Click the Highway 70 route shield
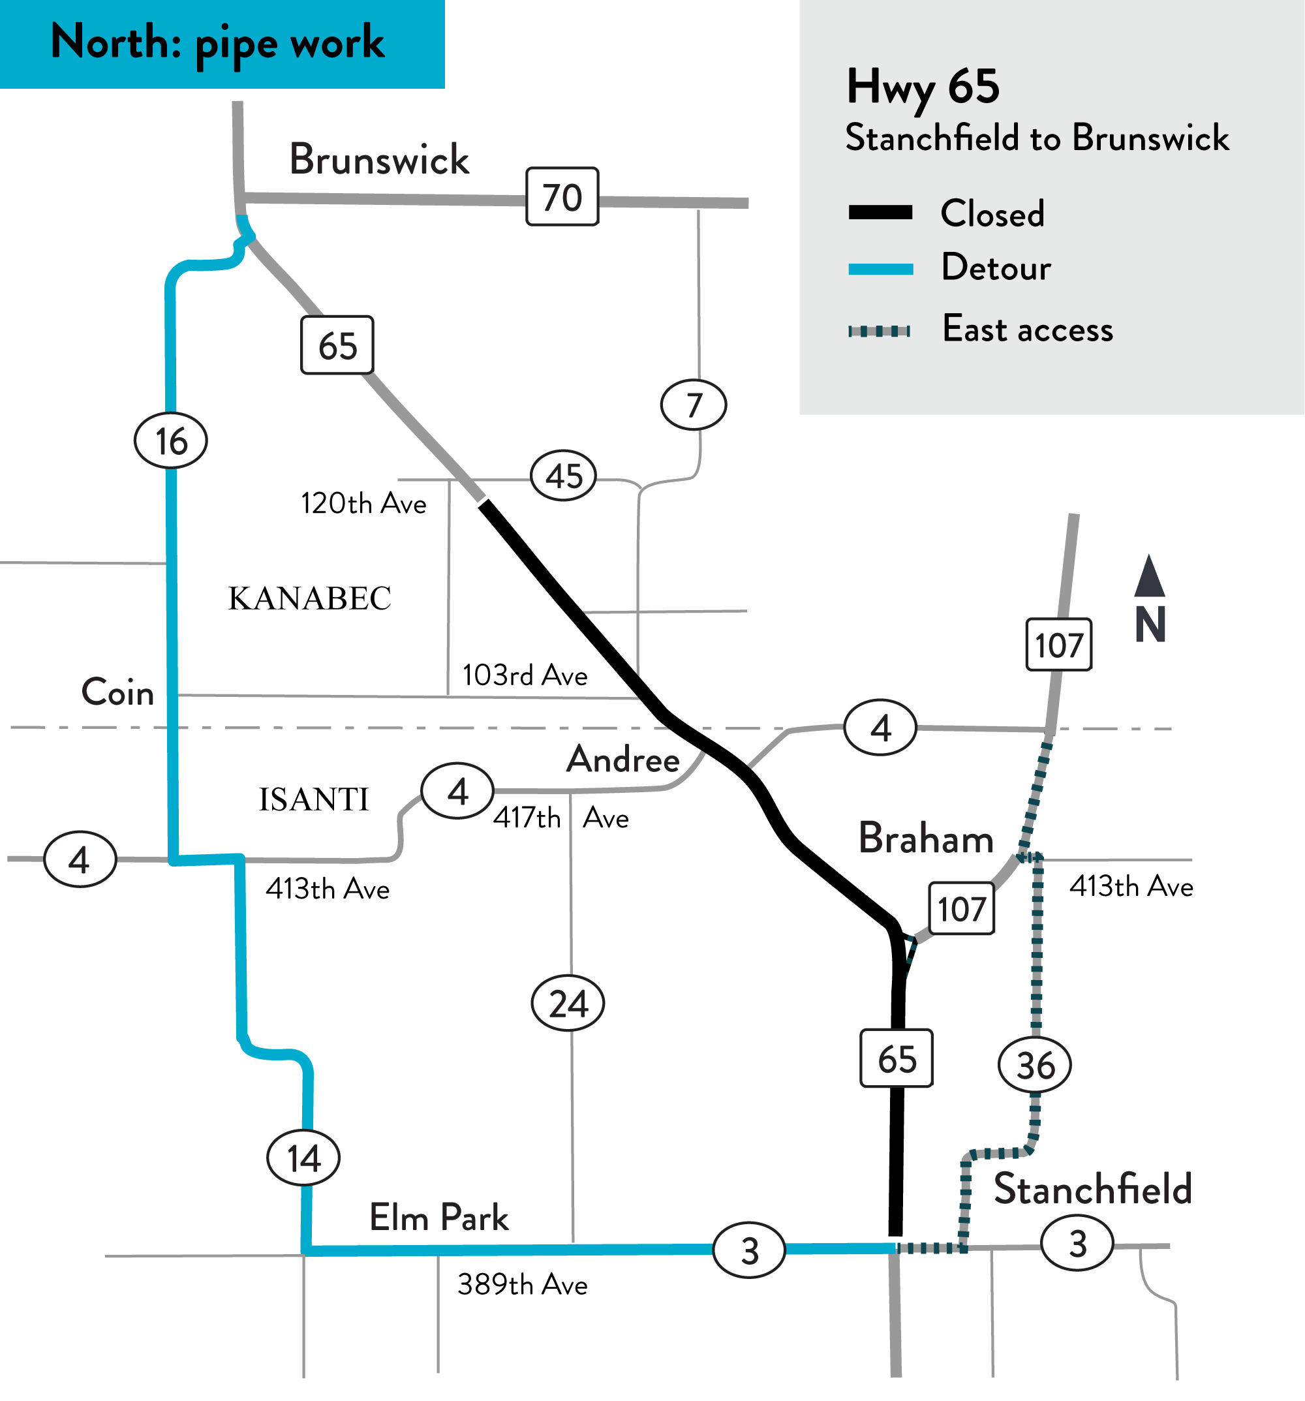(562, 196)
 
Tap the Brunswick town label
(379, 159)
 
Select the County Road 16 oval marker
(170, 441)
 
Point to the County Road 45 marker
(563, 476)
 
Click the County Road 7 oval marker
(694, 405)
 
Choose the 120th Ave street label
(363, 504)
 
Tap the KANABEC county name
(309, 598)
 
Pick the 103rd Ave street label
(525, 675)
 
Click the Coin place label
(117, 692)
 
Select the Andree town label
(623, 760)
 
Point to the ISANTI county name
(314, 799)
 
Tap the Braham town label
(926, 839)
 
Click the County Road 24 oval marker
(568, 1004)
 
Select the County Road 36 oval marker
(1034, 1065)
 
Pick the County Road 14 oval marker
(303, 1158)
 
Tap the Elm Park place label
(439, 1218)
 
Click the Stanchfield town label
(1093, 1190)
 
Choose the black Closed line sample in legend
(880, 213)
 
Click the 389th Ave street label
(522, 1285)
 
